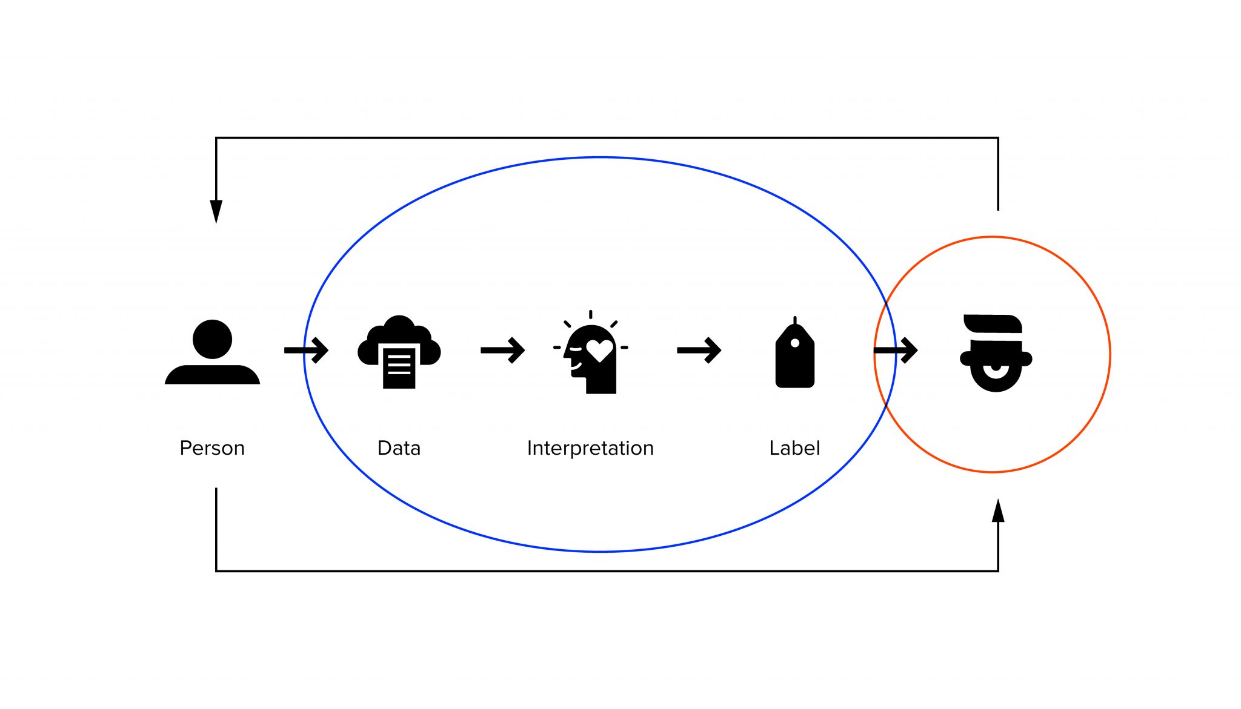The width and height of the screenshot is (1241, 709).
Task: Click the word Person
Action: tap(212, 448)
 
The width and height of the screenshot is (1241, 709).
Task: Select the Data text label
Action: tap(399, 448)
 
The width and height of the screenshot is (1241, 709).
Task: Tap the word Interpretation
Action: tap(590, 448)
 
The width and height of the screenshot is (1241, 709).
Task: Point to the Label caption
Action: tap(794, 448)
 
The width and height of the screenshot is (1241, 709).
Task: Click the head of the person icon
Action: tap(212, 339)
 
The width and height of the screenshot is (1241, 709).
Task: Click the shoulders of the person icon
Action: tap(212, 375)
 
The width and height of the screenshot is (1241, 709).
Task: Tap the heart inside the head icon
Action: tap(599, 350)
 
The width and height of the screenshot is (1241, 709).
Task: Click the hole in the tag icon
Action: tap(794, 343)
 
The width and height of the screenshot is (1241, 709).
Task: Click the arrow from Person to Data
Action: tap(307, 350)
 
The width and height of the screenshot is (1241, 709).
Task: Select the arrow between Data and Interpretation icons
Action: tap(502, 350)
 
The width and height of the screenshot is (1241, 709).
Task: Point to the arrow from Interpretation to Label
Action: tap(699, 350)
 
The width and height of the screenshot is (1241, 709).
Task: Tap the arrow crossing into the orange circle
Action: tap(896, 350)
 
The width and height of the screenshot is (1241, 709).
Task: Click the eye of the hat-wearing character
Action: tap(996, 368)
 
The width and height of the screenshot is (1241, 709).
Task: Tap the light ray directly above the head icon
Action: tap(591, 315)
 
